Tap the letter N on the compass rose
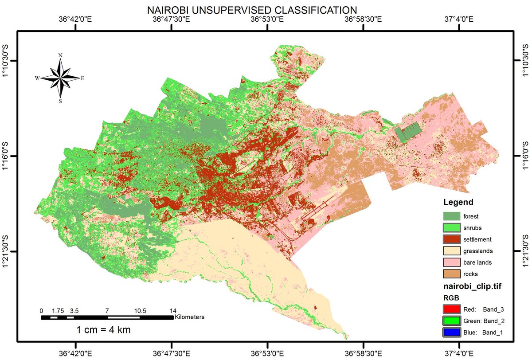click(60, 55)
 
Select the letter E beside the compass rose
click(82, 78)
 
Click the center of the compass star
click(61, 78)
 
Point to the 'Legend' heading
click(458, 202)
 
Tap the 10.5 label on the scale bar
click(141, 311)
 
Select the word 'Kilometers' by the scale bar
click(189, 317)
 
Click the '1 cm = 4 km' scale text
click(103, 330)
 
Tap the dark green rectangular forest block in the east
click(407, 132)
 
